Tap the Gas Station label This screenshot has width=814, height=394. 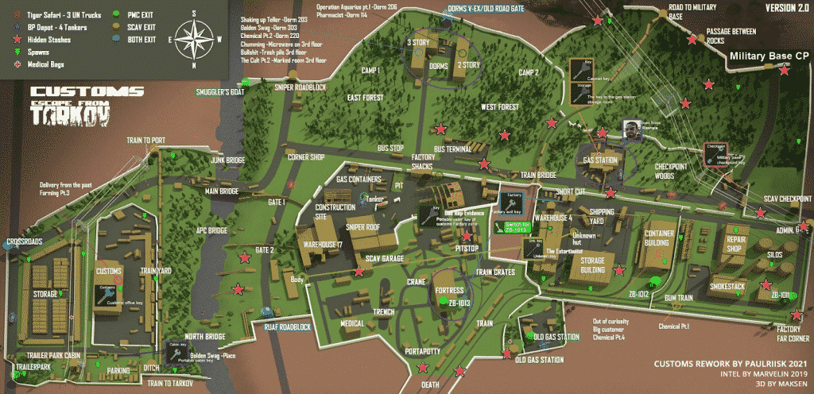pyautogui.click(x=600, y=160)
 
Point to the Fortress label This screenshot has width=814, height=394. pyautogui.click(x=449, y=291)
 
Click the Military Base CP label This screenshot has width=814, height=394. pyautogui.click(x=769, y=56)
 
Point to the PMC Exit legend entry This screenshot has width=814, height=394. pyautogui.click(x=141, y=14)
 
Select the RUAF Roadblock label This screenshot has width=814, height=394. pyautogui.click(x=277, y=326)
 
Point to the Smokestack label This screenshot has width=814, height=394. pyautogui.click(x=727, y=285)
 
